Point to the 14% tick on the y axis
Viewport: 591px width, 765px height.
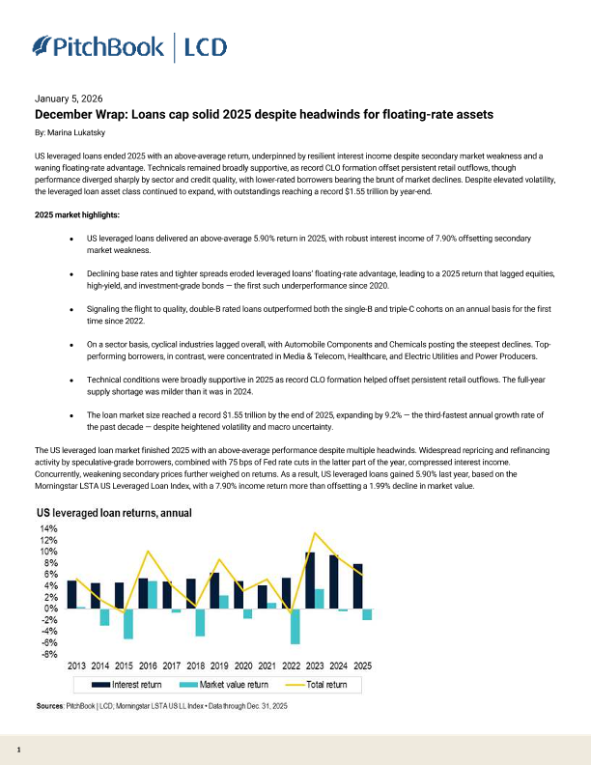click(48, 529)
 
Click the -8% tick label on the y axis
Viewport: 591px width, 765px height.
click(49, 655)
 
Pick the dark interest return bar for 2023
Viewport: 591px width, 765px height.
click(309, 581)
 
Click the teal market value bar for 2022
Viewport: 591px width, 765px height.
click(295, 626)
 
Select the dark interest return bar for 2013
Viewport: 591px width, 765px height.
click(72, 594)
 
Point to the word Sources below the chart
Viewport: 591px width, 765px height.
click(49, 707)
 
